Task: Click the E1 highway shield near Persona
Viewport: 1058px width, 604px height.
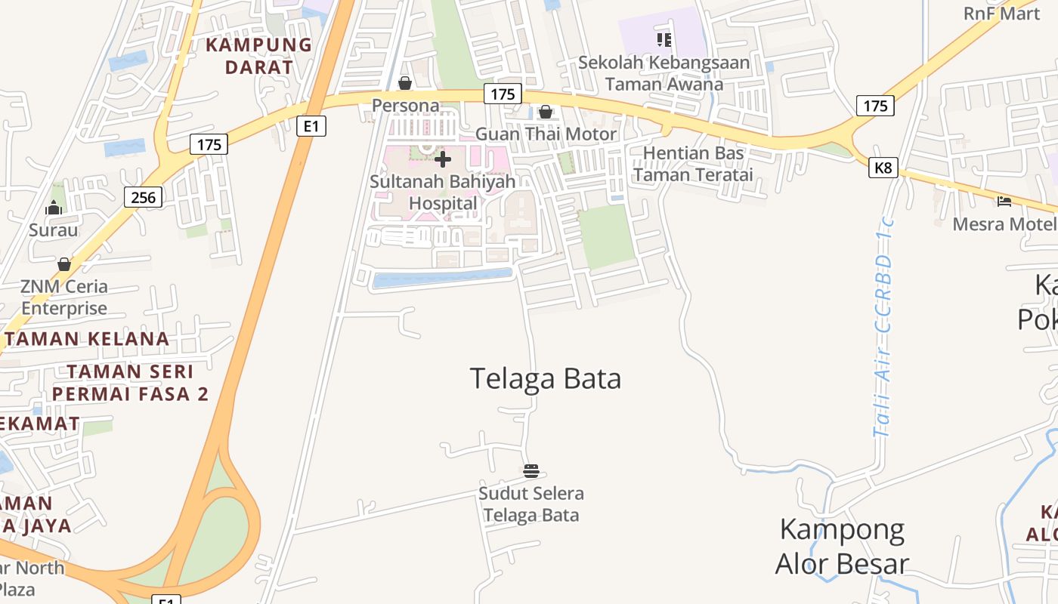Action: pos(311,125)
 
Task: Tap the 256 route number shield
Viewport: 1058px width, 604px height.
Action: pos(143,198)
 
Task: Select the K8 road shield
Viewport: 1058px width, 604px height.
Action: pos(883,168)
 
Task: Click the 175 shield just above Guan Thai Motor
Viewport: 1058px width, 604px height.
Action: pos(503,94)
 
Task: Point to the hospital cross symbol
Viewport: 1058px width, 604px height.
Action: pos(443,159)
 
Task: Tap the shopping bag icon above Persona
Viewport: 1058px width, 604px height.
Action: pos(405,83)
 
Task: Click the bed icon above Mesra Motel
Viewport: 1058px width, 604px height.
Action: pos(1004,202)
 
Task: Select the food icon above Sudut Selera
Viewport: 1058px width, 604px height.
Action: pos(531,471)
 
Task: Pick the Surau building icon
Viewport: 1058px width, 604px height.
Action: pos(54,208)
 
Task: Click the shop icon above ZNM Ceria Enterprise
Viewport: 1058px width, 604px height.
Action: pos(64,264)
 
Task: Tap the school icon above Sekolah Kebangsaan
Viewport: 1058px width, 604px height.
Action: pos(664,39)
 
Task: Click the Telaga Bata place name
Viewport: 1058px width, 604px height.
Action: pos(545,378)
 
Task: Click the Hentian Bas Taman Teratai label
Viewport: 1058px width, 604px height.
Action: pos(693,164)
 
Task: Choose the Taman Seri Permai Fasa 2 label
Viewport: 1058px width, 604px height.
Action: pos(130,383)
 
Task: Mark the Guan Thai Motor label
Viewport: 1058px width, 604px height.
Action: pos(546,134)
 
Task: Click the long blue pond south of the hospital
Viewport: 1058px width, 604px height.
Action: pos(442,279)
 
